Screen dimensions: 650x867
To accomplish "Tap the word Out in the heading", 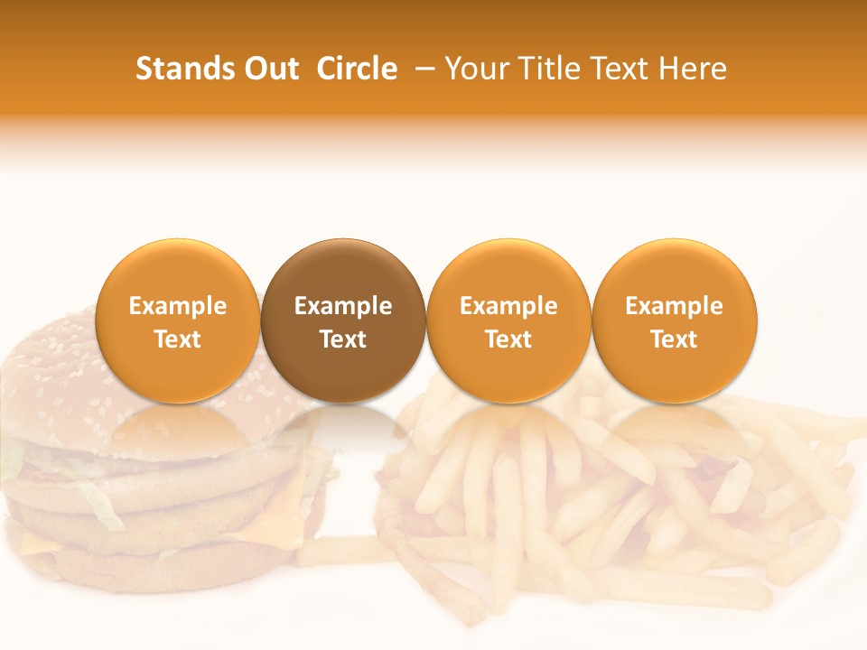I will (271, 69).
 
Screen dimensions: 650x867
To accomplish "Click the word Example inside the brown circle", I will (343, 306).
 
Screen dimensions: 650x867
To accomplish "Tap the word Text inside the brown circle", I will (343, 339).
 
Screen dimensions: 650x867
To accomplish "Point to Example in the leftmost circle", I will (177, 306).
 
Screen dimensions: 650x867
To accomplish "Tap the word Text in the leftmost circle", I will (177, 339).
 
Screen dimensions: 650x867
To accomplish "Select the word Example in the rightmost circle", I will (675, 306).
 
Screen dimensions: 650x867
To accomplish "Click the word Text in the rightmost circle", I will (675, 339).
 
